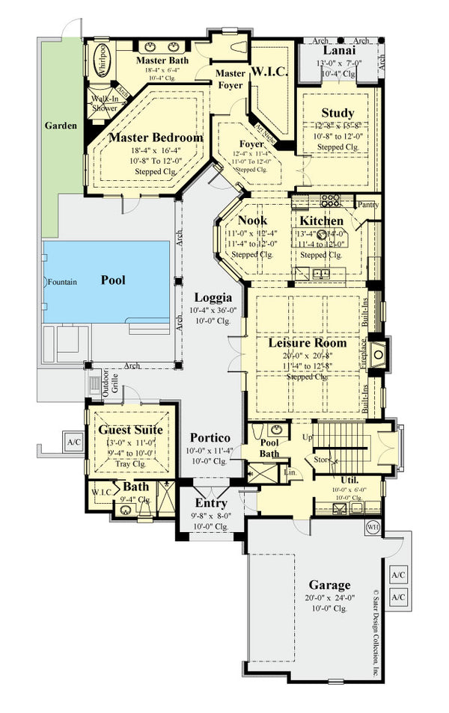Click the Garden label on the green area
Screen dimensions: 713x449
[x=60, y=126]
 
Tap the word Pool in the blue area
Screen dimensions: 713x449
[x=113, y=280]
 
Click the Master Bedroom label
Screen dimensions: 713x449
[x=156, y=138]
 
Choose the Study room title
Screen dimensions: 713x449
[x=337, y=113]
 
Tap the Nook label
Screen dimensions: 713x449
[x=252, y=220]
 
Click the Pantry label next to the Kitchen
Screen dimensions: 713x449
[x=368, y=204]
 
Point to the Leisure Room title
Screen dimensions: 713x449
[x=308, y=343]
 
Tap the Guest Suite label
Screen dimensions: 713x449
[x=131, y=430]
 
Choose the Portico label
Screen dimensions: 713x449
[x=210, y=438]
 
